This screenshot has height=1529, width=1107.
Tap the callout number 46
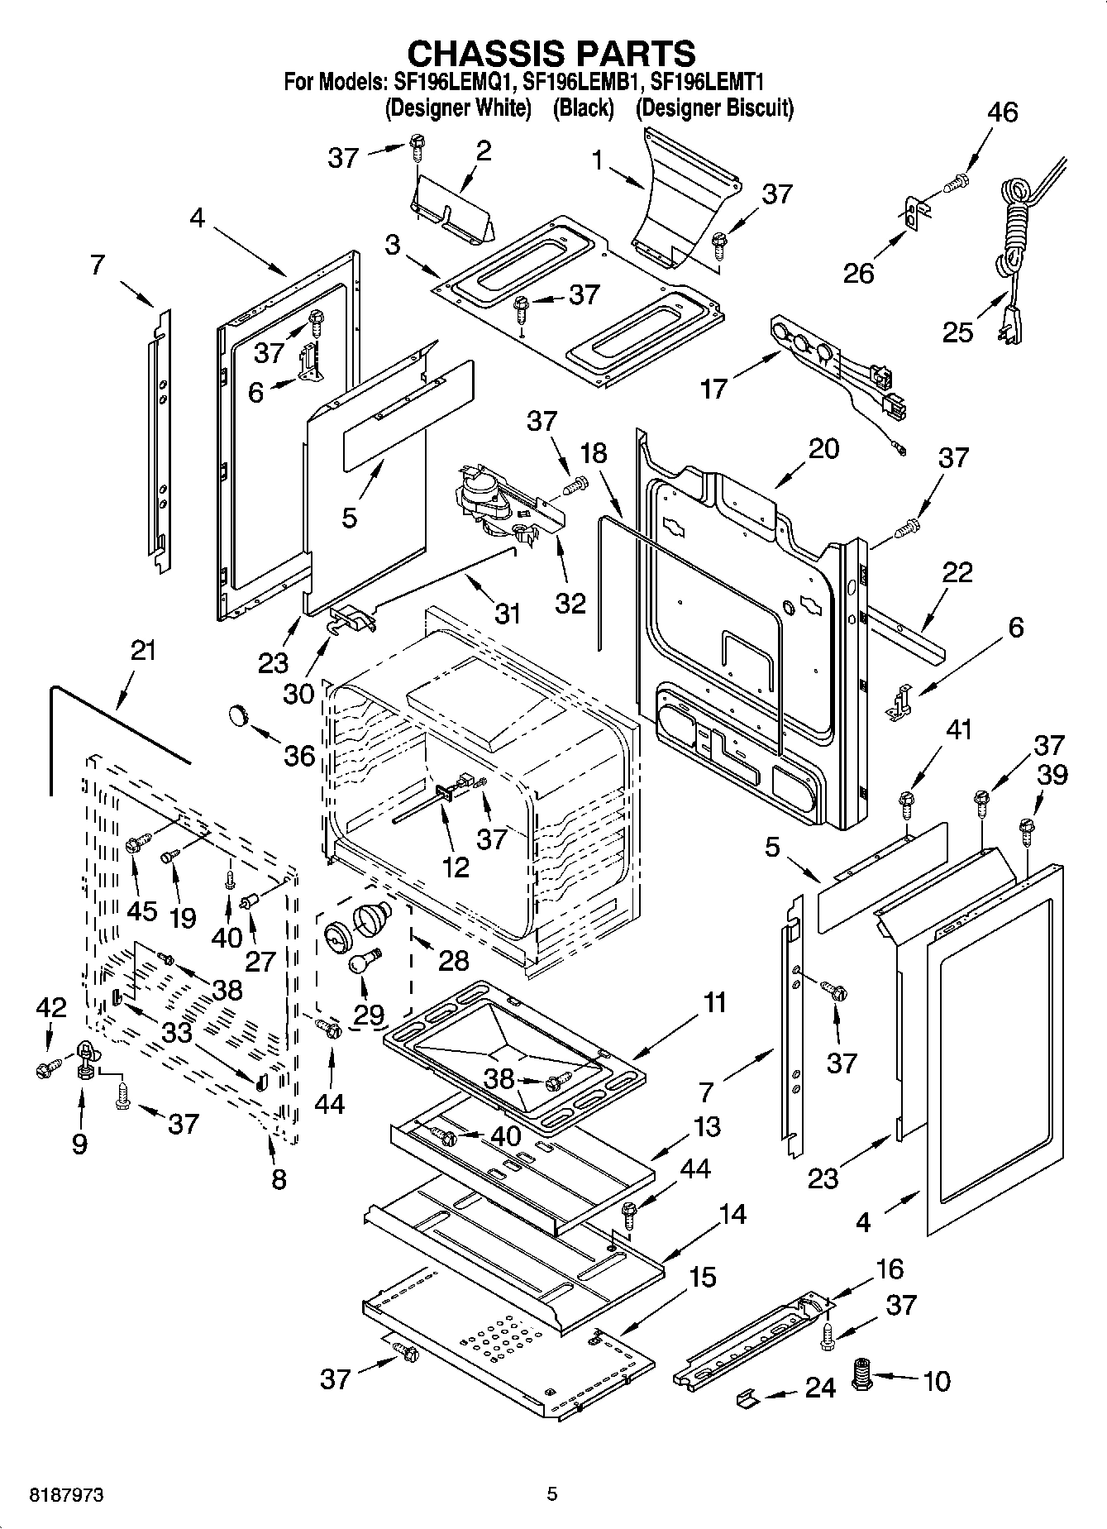(1002, 112)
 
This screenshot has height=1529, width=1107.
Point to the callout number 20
(823, 449)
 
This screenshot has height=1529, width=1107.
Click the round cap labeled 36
(239, 714)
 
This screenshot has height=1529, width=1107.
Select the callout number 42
(50, 1008)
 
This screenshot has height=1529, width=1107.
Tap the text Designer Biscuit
(714, 108)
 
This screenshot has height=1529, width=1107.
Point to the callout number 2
(483, 151)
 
